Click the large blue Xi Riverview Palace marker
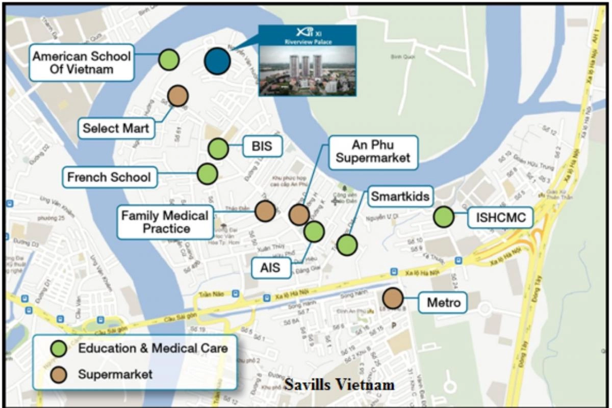point(217,61)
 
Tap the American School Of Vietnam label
point(82,63)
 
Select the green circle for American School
point(168,60)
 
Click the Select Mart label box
point(116,128)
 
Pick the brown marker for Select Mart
point(177,95)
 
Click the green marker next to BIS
point(218,149)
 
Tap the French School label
point(109,177)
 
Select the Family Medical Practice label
point(165,222)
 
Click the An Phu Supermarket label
point(373,151)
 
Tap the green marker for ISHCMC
point(444,217)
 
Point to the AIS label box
point(270,267)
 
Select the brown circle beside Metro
point(393,298)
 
